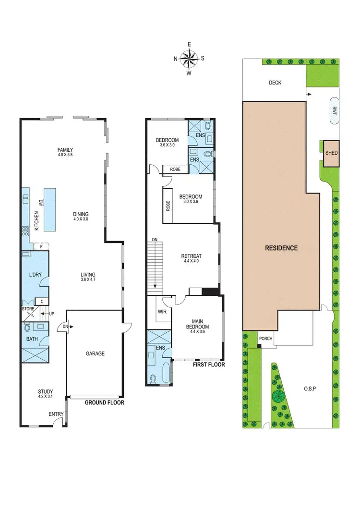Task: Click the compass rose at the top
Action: pos(189,59)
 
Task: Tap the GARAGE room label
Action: pos(95,353)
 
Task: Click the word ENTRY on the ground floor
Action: pos(55,413)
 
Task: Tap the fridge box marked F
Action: pos(42,247)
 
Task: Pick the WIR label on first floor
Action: pos(162,312)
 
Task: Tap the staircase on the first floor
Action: pos(156,267)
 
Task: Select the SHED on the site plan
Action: pos(332,153)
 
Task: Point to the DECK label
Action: pos(275,83)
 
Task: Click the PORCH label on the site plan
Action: pos(265,338)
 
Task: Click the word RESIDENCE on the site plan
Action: pos(281,248)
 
